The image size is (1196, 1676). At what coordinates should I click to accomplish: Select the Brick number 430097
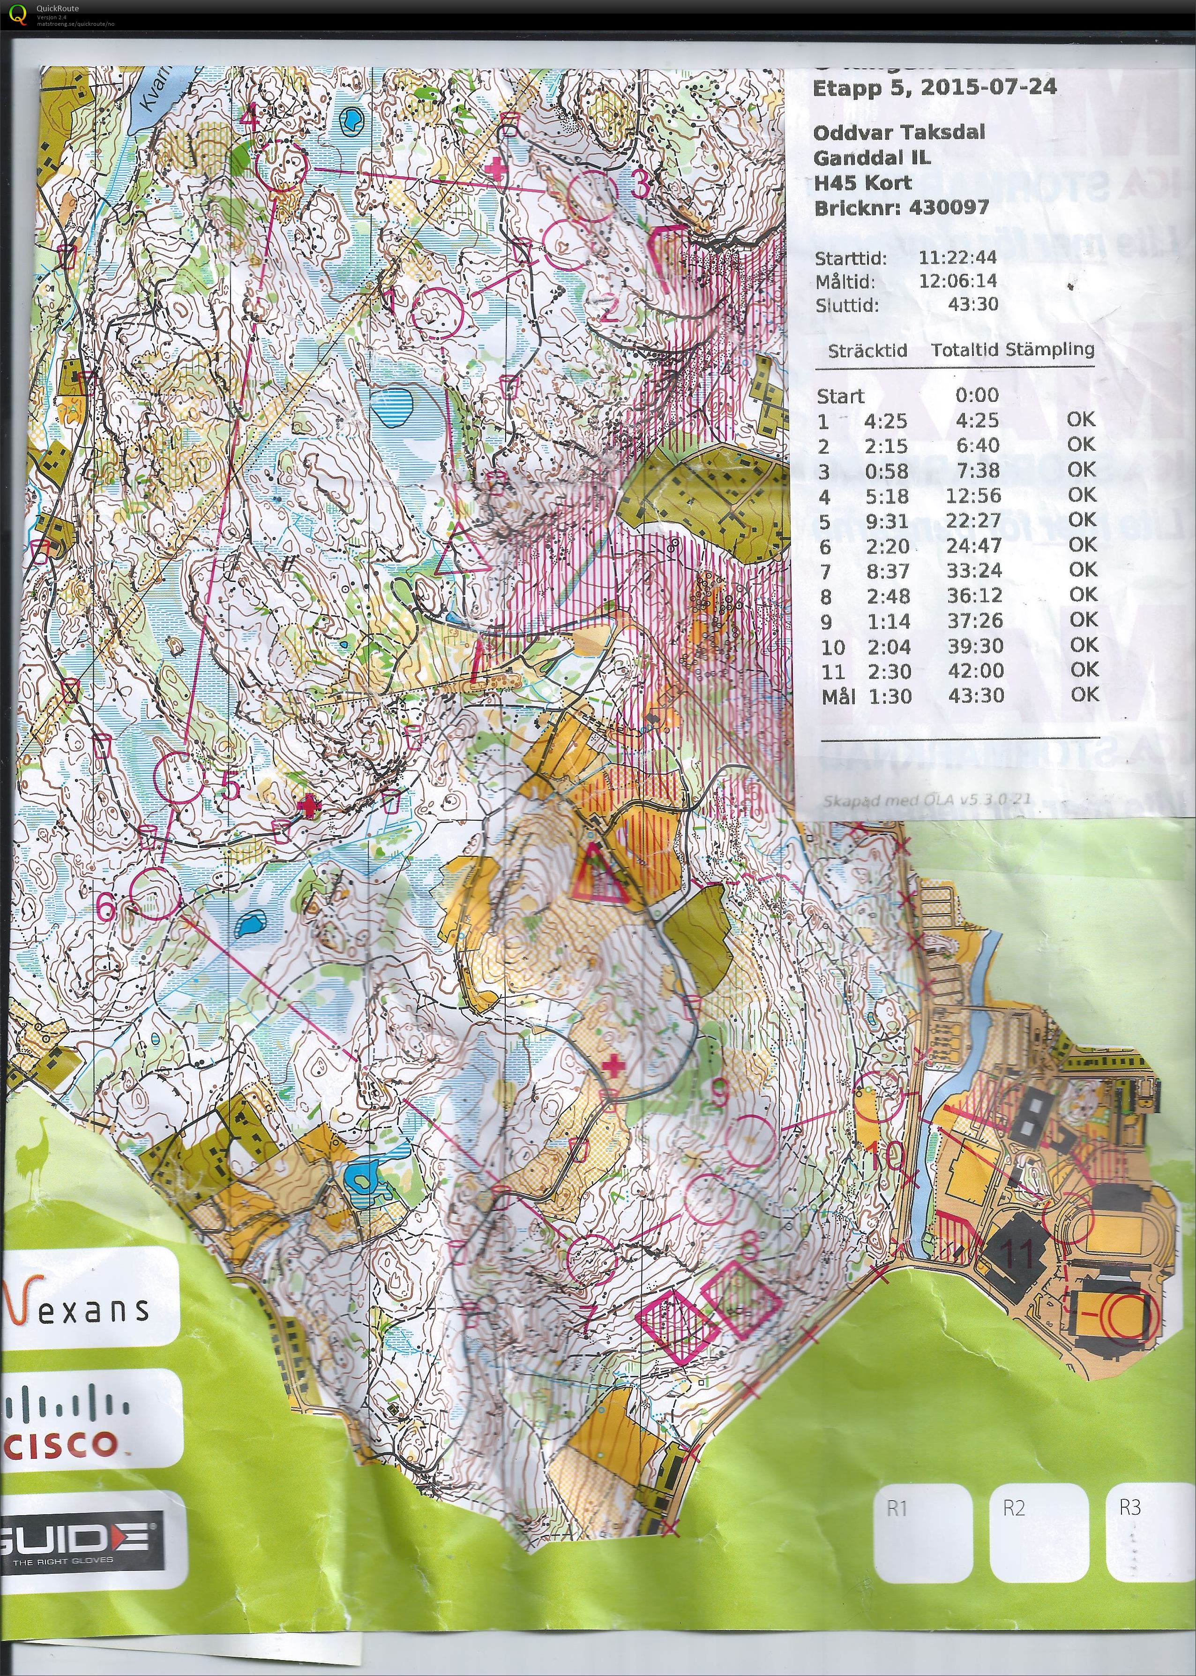coord(949,208)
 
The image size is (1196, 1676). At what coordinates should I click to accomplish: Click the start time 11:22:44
coord(957,257)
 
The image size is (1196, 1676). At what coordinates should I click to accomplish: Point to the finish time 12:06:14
coord(957,281)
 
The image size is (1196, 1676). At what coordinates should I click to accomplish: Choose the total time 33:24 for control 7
coord(974,571)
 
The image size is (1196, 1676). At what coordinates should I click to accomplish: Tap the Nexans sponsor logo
coord(77,1308)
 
